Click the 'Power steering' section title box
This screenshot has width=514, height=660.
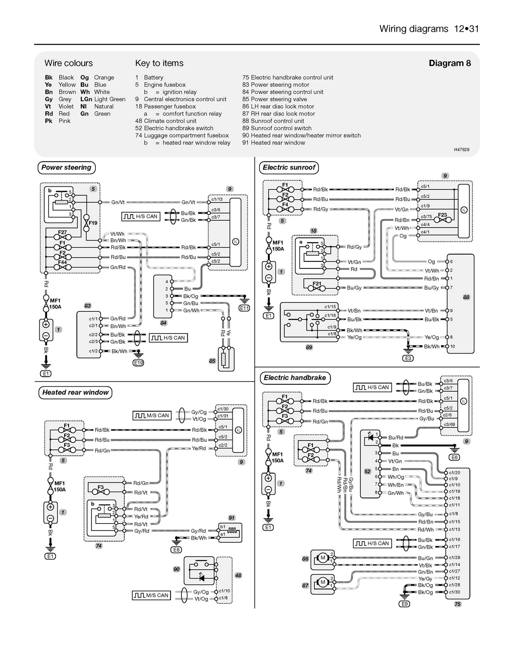(66, 168)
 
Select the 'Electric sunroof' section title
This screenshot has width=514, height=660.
(289, 168)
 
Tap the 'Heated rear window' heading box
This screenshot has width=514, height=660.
(75, 392)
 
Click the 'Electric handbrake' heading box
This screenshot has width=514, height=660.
(295, 378)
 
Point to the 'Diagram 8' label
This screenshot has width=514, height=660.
(449, 63)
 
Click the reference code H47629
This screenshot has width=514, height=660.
(461, 150)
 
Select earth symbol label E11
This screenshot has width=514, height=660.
(244, 308)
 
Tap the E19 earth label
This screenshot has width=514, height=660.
(138, 362)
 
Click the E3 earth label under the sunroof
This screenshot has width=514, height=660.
(408, 358)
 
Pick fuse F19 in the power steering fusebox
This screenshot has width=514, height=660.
(92, 223)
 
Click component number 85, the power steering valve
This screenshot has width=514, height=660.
(212, 361)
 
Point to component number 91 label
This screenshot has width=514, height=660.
(231, 518)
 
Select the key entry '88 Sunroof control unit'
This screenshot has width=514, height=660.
(273, 121)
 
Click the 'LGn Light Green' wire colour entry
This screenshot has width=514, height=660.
(103, 99)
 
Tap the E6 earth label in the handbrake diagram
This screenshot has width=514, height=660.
(454, 457)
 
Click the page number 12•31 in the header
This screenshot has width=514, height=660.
(466, 29)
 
